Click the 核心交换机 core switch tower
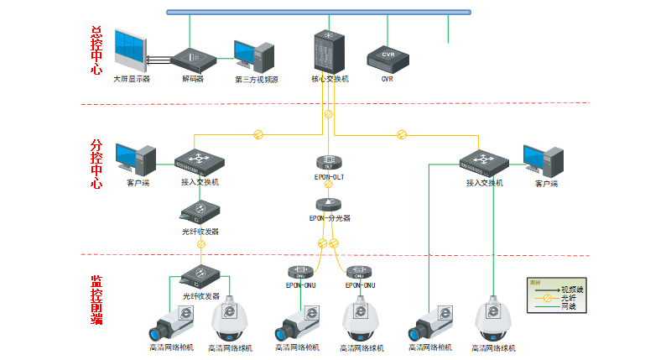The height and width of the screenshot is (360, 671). point(329,51)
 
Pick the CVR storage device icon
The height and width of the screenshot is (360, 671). point(388,59)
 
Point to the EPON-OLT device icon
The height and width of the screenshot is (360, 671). point(329,161)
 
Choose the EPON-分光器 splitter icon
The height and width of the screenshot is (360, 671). point(329,204)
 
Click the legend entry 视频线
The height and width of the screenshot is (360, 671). point(571,289)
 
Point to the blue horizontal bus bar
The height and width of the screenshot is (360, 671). point(319,12)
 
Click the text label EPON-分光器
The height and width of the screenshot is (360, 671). point(329,218)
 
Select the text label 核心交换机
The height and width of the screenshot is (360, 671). point(330,79)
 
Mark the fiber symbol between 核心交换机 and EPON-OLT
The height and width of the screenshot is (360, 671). point(329,114)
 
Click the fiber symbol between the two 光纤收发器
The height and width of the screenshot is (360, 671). point(201,243)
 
